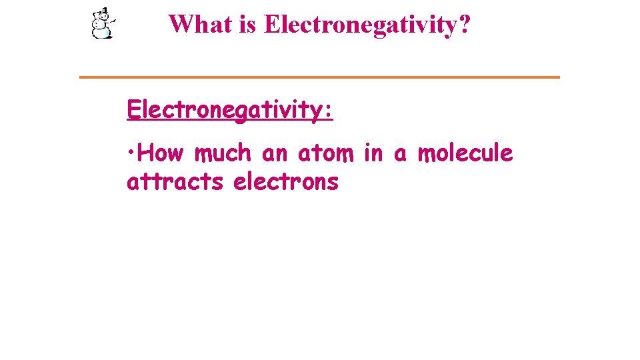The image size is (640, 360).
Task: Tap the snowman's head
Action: point(102,18)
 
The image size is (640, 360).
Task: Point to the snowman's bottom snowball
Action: point(101,32)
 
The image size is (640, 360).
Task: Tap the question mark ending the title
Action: point(463,25)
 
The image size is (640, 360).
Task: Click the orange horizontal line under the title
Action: point(319,77)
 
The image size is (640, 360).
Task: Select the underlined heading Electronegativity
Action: point(223,109)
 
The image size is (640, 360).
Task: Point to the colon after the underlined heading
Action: point(327,111)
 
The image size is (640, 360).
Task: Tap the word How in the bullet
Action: point(161,153)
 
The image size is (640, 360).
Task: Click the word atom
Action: point(327,154)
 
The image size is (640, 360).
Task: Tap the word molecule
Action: point(465,153)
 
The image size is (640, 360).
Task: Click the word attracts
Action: point(175,181)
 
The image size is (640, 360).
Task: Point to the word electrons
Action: point(286,181)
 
